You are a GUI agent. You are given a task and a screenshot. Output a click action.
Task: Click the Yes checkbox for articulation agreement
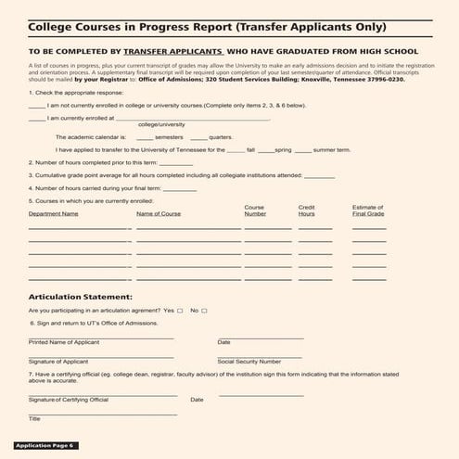180,311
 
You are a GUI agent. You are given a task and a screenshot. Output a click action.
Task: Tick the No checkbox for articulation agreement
204,311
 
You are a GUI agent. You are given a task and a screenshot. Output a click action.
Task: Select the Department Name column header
53,213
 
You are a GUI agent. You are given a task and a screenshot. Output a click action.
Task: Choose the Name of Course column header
159,213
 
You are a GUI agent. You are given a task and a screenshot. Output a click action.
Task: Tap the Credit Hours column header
307,210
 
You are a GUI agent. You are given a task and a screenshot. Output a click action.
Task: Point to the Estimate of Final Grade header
368,210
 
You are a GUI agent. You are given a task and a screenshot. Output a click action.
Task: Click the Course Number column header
255,210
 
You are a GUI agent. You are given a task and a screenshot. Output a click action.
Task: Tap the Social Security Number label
249,362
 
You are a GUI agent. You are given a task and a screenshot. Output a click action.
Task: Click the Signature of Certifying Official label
68,400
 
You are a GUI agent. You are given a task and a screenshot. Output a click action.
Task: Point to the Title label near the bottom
34,419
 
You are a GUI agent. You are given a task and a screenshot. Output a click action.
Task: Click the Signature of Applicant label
58,362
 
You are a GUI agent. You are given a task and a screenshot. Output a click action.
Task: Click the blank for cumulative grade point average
319,174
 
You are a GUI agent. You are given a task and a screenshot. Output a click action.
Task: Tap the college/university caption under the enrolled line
161,124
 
